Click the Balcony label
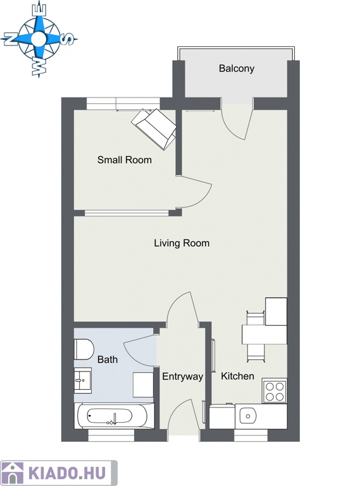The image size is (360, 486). coord(237,68)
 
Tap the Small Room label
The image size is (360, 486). coord(125,160)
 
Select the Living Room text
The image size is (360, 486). coord(182,243)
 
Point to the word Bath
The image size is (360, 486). coord(108,359)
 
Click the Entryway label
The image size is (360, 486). coord(182,377)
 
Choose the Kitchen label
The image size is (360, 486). coord(237,376)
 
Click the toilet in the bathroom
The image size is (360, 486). coord(84,349)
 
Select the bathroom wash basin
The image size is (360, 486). coord(82,380)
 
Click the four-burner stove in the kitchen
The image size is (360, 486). coord(275,390)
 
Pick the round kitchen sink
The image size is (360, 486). coord(247,416)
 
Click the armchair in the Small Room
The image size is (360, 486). coord(154,128)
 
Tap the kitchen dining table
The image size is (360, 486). coord(264,334)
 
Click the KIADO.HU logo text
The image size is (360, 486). coord(66,473)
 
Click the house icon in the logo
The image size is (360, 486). coord(12,473)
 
